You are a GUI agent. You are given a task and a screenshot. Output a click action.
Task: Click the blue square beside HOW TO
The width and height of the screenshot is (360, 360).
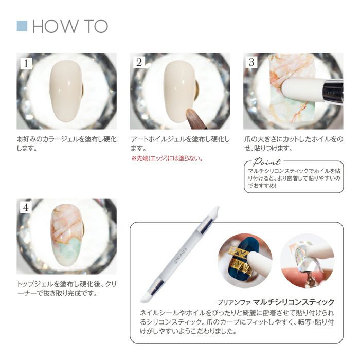pos(22,26)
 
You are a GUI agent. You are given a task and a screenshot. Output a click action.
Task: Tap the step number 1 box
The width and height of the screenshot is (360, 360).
pos(26,63)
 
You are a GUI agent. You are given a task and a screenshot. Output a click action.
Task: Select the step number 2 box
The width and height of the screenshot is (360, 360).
pos(139,62)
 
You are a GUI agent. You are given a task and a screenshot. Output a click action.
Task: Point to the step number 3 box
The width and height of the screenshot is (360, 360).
pos(251,62)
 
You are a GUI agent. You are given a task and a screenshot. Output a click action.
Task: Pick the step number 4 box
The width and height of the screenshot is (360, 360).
pos(26,208)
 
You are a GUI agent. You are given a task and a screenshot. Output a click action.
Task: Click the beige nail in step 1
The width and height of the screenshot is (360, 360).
pos(66,92)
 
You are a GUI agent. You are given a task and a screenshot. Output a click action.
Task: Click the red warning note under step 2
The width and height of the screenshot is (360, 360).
pos(167,158)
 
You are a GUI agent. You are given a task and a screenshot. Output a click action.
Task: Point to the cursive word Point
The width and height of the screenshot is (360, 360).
pos(266,162)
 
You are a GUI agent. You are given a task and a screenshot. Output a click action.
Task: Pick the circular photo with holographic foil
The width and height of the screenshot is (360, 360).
pos(307,261)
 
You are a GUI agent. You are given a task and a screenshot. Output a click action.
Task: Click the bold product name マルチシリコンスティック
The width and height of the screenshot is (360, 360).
pos(294,302)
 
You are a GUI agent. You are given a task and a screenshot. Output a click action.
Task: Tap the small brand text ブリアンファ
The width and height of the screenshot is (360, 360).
pos(233,303)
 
